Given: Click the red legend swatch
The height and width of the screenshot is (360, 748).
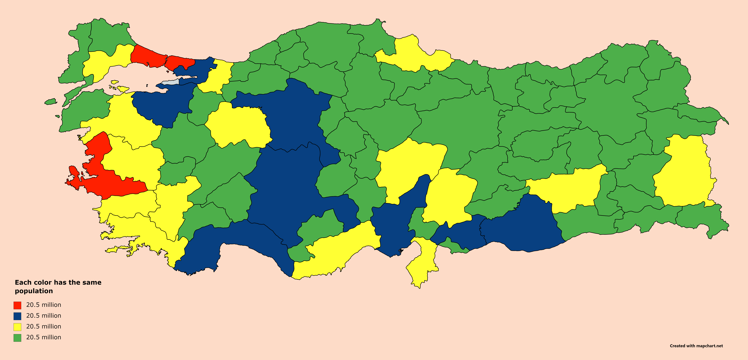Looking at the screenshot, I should pos(17,305).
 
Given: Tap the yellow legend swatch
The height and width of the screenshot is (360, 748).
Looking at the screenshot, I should pos(17,327).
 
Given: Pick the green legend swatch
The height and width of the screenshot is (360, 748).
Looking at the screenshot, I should pos(17,338).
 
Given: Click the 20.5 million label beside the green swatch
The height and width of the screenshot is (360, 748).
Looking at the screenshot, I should pos(44,337).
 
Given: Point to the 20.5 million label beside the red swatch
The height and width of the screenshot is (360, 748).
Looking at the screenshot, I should pos(44,305).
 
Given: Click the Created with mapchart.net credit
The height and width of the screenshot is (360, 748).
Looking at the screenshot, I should pos(696,346).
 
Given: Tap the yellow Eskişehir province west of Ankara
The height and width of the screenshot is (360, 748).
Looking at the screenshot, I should pos(238,125).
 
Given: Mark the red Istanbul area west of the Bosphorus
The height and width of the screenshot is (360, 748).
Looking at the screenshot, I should pos(147,57).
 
